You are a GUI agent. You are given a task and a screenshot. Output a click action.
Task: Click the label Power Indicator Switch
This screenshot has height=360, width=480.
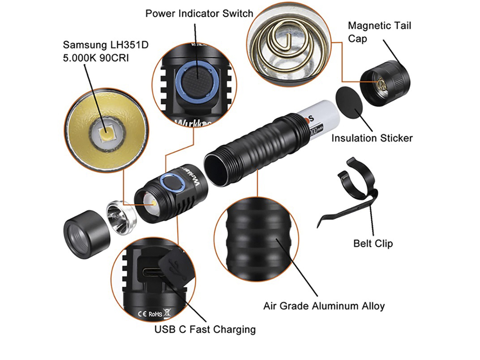click(x=199, y=13)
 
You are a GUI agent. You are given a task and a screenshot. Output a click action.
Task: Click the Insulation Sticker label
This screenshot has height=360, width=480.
click(x=372, y=138)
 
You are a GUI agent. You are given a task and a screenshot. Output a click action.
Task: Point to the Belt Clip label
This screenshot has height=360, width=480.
click(x=373, y=243)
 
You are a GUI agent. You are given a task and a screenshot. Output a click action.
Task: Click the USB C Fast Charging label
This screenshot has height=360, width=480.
click(x=205, y=329)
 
